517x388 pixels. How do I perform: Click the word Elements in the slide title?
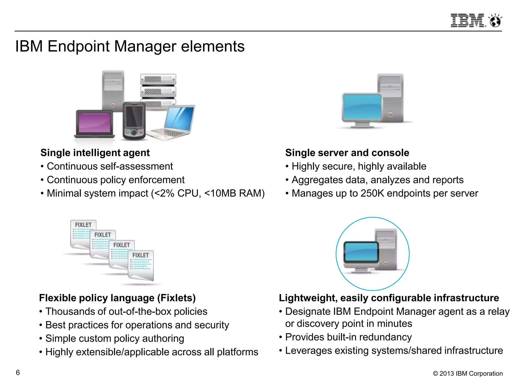213,46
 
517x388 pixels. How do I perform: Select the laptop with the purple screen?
95,124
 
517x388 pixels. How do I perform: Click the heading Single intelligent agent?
95,153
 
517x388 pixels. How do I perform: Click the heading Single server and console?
347,153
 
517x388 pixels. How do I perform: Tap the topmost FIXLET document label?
83,225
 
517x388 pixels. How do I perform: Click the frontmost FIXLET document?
141,265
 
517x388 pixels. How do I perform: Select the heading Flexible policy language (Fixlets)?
117,298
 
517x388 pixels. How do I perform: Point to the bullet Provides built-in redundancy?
348,337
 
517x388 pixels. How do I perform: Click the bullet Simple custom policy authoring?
115,338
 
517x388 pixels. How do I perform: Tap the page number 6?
18,373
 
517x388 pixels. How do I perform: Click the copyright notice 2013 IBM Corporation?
468,374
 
